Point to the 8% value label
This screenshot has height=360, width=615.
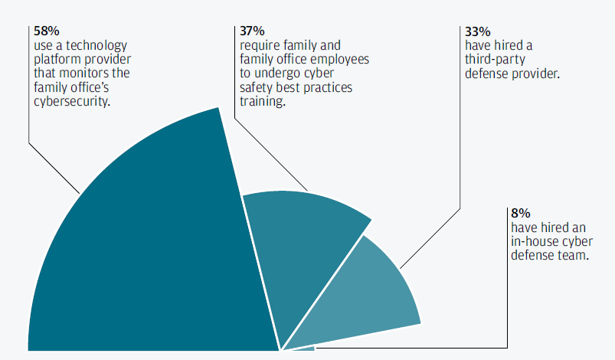pos(519,213)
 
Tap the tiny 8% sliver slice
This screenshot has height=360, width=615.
pos(303,349)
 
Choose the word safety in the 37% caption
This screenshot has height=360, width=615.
pos(257,87)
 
